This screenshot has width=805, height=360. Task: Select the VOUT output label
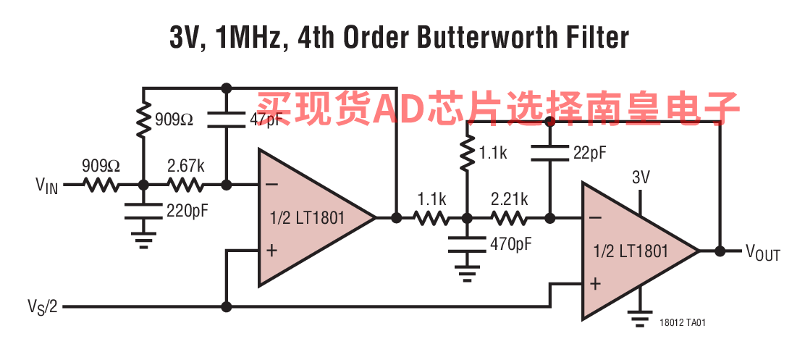click(x=763, y=253)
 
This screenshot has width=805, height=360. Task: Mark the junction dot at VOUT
click(x=720, y=251)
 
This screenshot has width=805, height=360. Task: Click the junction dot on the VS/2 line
click(x=226, y=306)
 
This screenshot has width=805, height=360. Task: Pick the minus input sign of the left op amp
click(x=271, y=185)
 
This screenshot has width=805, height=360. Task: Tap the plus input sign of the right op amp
click(x=594, y=285)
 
